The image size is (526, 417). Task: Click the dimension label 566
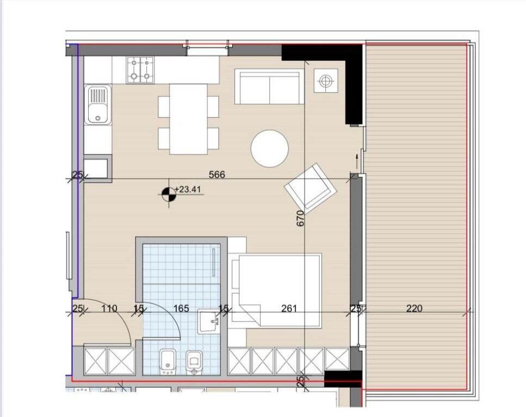click(217, 175)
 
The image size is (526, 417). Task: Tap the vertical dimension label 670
click(300, 218)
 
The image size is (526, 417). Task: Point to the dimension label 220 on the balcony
click(414, 308)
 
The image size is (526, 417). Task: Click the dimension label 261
click(289, 308)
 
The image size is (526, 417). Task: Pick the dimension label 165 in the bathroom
click(181, 308)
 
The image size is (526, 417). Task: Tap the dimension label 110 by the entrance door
click(109, 308)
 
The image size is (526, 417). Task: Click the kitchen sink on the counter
click(98, 105)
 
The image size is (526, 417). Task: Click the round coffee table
click(269, 148)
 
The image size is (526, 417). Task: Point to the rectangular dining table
click(188, 119)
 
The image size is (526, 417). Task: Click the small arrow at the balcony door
click(357, 161)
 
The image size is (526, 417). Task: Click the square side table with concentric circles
click(325, 81)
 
